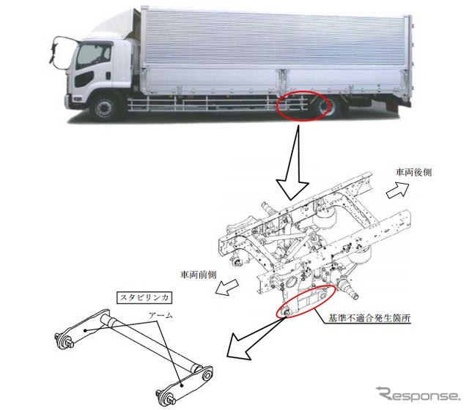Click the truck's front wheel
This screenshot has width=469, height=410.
point(104,107)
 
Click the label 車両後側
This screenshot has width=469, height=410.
point(413,173)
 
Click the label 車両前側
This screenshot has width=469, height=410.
point(199,275)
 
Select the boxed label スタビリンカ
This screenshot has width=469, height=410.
point(144,298)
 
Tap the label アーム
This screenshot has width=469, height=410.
point(161,316)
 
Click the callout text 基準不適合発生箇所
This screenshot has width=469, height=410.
point(369,318)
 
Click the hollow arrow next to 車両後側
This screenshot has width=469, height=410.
point(397,190)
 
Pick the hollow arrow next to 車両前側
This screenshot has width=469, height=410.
point(226,287)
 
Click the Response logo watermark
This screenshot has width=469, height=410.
point(418,394)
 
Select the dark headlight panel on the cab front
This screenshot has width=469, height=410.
point(84,79)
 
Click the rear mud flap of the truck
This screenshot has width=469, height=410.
point(392,104)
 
